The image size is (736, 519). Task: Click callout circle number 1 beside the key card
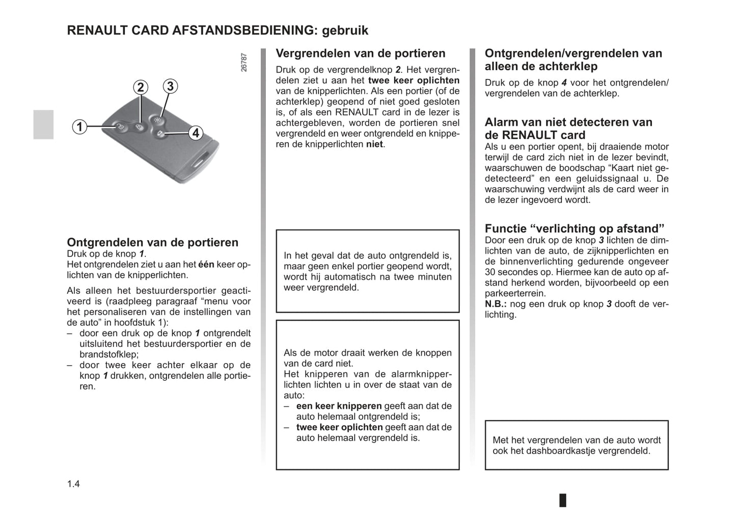point(79,126)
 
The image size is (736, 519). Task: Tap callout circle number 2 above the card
point(141,87)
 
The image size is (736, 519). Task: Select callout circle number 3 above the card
point(170,86)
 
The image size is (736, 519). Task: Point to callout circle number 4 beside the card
point(196,133)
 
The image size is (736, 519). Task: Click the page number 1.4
point(73,484)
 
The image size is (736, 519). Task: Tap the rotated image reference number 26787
point(244,62)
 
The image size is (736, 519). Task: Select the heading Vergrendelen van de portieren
point(360,54)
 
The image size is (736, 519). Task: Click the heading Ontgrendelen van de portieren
point(152,243)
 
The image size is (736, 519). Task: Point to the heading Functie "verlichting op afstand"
point(575,228)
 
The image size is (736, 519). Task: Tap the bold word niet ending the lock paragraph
point(375,144)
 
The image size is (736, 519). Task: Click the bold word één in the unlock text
point(206,265)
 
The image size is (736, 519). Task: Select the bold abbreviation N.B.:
point(496,304)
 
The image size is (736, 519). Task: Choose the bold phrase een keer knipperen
point(339,406)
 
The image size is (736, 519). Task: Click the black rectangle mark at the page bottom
point(562,500)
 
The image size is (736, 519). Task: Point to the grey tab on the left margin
point(43,124)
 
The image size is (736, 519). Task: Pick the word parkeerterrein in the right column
point(514,294)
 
